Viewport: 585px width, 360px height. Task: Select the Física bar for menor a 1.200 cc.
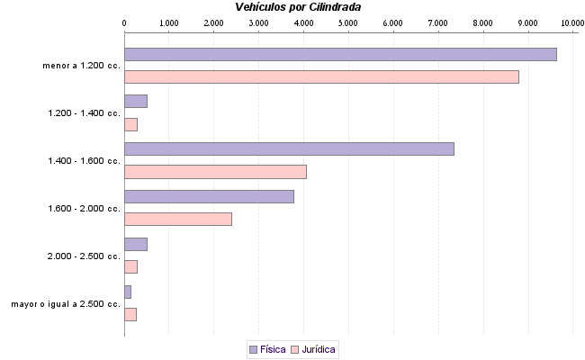pos(340,54)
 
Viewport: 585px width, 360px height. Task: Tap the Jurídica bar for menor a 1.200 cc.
pos(321,77)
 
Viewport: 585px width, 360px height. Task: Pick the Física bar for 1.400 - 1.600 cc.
pos(289,149)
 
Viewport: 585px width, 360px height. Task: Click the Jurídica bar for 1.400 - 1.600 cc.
pos(215,172)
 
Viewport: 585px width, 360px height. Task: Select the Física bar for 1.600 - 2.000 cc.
pos(209,196)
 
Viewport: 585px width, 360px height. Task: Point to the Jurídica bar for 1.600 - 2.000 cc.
pos(178,219)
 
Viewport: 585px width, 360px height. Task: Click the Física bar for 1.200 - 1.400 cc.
pos(136,102)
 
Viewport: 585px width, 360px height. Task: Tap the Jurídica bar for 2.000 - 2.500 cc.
pos(130,266)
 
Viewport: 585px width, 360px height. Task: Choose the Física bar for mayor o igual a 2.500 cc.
pos(128,292)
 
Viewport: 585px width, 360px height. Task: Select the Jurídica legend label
pos(319,349)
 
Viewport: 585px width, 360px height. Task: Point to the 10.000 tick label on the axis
pos(572,22)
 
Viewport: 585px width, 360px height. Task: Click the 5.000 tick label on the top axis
pos(348,22)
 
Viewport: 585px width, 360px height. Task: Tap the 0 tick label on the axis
pos(124,22)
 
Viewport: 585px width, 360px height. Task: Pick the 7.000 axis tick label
pos(438,22)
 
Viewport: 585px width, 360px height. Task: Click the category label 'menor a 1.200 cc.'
pos(81,66)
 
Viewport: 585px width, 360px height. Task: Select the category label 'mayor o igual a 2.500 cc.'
pos(66,304)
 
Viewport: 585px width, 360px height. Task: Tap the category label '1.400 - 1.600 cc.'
pos(84,161)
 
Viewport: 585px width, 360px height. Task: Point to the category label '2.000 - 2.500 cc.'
pos(84,256)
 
